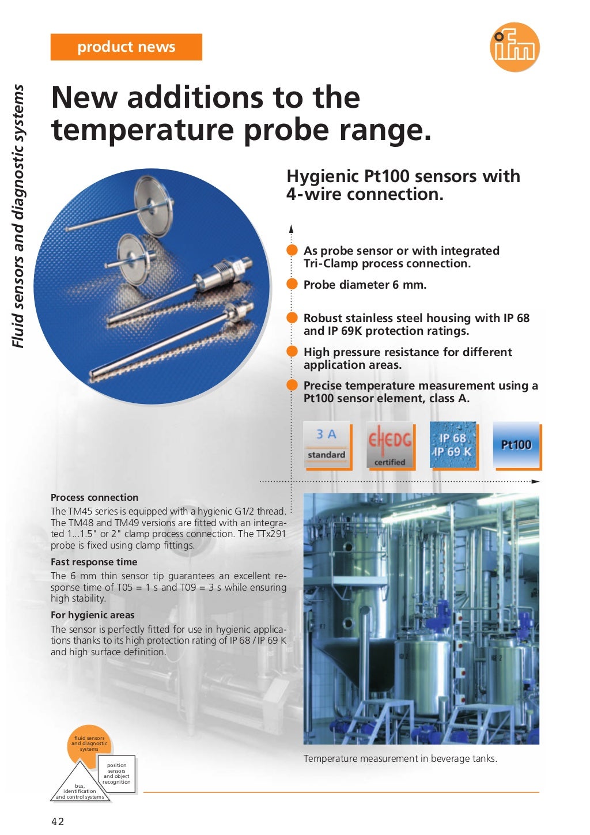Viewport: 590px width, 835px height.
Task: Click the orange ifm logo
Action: click(x=515, y=47)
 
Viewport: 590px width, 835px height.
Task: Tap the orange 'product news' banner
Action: click(x=126, y=47)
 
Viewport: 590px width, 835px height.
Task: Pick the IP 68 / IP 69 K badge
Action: click(x=453, y=444)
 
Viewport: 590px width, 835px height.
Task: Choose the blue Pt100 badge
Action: click(x=516, y=444)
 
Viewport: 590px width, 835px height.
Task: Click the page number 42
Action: click(x=58, y=821)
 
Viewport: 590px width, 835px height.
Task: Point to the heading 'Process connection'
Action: click(x=94, y=497)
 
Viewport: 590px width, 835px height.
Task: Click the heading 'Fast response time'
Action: click(x=94, y=562)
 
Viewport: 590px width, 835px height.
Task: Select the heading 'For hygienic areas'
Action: click(x=92, y=615)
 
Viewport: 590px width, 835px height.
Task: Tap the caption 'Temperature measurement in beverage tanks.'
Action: click(x=400, y=758)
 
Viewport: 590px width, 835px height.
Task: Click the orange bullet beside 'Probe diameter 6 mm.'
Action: click(x=293, y=285)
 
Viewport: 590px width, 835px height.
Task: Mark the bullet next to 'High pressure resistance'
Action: click(x=293, y=352)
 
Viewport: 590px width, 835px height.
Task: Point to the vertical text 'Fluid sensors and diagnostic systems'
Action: click(x=19, y=216)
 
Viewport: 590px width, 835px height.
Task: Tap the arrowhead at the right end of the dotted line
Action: click(x=536, y=481)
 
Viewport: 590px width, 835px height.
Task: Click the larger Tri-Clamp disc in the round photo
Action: click(x=154, y=198)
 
